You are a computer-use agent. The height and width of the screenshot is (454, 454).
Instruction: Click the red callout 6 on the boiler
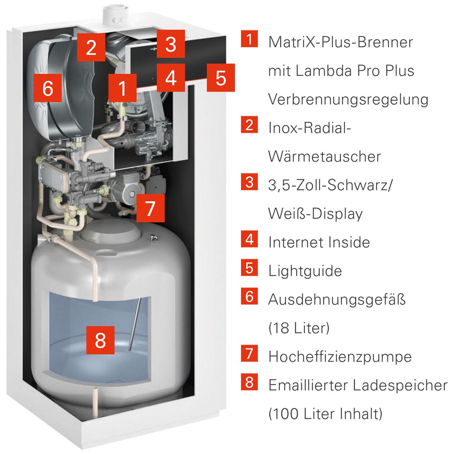[48, 88]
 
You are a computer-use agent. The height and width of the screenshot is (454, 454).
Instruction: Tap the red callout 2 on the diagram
[91, 47]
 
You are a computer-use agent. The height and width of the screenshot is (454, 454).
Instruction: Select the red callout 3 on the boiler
[171, 44]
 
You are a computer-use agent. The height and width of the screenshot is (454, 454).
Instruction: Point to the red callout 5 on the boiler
[221, 78]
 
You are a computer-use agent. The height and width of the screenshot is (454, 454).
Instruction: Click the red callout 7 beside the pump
[150, 208]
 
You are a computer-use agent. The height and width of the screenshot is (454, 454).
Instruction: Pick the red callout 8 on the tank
[100, 340]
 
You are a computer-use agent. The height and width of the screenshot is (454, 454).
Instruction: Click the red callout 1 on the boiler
[123, 88]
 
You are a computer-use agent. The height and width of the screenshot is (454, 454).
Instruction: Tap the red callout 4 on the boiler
[171, 78]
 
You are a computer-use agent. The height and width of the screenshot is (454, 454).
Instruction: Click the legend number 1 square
[249, 39]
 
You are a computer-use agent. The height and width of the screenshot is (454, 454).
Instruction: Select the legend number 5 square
[249, 267]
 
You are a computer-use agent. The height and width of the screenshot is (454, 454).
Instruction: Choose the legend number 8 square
[249, 382]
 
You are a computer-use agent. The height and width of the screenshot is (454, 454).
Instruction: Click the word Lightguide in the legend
[305, 271]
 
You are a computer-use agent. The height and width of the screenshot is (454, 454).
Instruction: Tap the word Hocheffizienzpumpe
[340, 356]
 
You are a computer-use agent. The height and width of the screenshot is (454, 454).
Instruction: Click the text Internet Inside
[319, 243]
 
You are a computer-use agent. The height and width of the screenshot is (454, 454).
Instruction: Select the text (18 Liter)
[299, 328]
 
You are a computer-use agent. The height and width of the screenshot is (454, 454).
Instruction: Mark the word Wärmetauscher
[324, 157]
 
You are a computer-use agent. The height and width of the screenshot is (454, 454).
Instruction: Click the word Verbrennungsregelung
[348, 100]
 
